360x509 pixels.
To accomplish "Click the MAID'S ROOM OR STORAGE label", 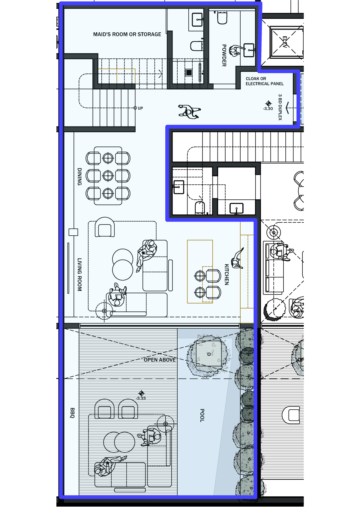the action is click(x=127, y=34).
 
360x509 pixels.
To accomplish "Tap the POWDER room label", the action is click(x=224, y=55).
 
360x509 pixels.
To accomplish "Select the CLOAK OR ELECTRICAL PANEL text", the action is click(x=265, y=81).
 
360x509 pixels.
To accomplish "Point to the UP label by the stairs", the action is click(x=140, y=108).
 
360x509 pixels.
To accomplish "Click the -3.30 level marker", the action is click(x=268, y=106).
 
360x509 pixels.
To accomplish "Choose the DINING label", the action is click(x=79, y=177).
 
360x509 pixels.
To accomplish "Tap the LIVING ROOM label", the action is click(x=79, y=275).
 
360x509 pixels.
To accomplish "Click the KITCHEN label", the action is click(x=226, y=274).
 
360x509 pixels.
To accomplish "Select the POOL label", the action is click(x=202, y=415).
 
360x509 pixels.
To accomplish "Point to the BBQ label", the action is click(x=72, y=413).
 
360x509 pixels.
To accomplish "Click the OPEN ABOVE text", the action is click(x=160, y=360).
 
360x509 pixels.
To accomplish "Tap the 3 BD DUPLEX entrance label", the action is click(x=280, y=107).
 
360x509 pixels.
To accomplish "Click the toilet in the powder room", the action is click(x=222, y=18).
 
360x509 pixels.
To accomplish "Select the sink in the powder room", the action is click(x=249, y=50).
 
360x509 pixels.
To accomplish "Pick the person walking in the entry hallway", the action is click(x=189, y=112).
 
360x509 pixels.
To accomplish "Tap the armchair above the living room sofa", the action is click(x=105, y=227).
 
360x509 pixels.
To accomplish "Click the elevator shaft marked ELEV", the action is click(x=286, y=42).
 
